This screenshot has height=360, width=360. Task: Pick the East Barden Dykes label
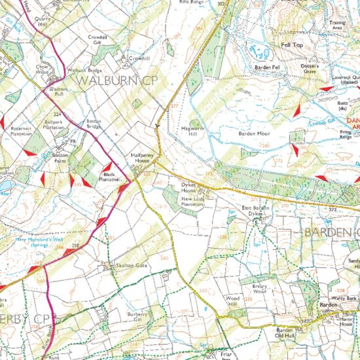click(255, 211)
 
